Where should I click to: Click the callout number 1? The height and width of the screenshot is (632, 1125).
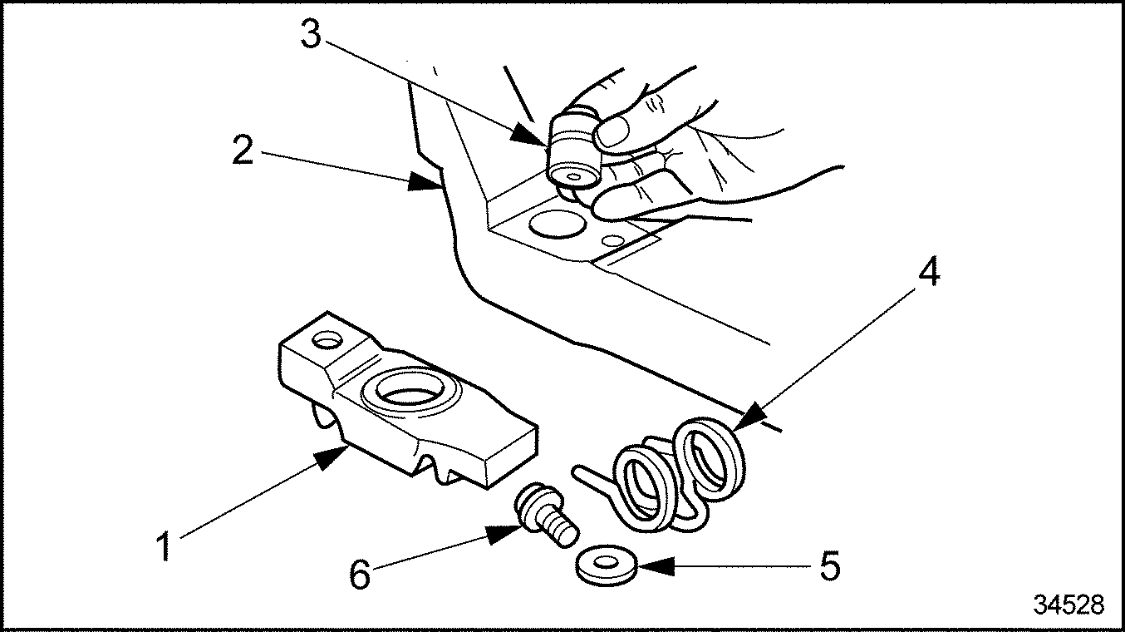[x=165, y=547]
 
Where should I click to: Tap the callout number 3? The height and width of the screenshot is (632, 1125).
[x=311, y=36]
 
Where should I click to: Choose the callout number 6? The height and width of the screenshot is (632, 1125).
[x=359, y=574]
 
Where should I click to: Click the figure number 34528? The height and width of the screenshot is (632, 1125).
[x=1069, y=605]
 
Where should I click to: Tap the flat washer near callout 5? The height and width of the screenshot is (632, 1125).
[x=605, y=565]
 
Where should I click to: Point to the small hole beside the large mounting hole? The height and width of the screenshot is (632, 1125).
[x=614, y=241]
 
